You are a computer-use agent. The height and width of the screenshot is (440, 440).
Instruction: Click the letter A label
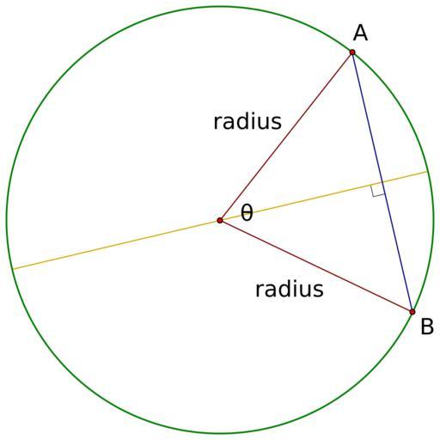pyautogui.click(x=360, y=33)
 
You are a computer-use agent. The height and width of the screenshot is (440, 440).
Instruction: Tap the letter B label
pyautogui.click(x=427, y=327)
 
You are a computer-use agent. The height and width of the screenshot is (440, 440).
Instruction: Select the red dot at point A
pyautogui.click(x=352, y=52)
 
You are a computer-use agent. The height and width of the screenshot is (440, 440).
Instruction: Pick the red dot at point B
pyautogui.click(x=412, y=312)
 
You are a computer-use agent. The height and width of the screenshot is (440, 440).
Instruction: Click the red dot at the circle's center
pyautogui.click(x=220, y=220)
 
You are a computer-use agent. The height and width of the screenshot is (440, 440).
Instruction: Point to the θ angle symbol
pyautogui.click(x=247, y=212)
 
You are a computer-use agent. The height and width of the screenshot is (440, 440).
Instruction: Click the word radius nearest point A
pyautogui.click(x=247, y=121)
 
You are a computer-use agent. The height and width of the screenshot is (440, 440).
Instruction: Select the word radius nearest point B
pyautogui.click(x=290, y=289)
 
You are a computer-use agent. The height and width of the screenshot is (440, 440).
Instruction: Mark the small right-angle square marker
pyautogui.click(x=377, y=190)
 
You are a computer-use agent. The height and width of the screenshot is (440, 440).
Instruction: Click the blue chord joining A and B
pyautogui.click(x=382, y=182)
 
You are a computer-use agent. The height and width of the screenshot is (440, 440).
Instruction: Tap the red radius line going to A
pyautogui.click(x=286, y=137)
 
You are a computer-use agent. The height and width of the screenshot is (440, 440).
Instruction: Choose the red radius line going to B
pyautogui.click(x=316, y=266)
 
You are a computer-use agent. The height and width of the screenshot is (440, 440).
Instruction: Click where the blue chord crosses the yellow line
pyautogui.click(x=382, y=182)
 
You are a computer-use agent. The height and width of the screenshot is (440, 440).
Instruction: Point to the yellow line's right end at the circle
pyautogui.click(x=427, y=172)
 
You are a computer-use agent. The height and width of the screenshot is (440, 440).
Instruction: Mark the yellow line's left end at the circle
pyautogui.click(x=13, y=269)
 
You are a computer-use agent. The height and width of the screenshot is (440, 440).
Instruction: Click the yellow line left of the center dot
pyautogui.click(x=116, y=244)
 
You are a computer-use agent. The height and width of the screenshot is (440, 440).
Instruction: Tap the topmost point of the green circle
pyautogui.click(x=220, y=6)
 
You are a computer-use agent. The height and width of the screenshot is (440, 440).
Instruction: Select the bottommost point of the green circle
pyautogui.click(x=220, y=433)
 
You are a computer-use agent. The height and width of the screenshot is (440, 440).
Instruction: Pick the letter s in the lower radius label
pyautogui.click(x=319, y=290)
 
